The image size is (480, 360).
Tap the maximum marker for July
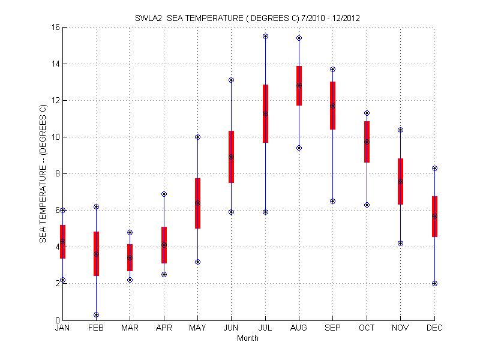tap(265, 36)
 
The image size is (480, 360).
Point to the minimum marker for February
tap(96, 314)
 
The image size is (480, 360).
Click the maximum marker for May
tap(197, 137)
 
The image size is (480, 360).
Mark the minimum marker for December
tap(434, 283)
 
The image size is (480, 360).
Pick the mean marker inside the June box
tap(231, 157)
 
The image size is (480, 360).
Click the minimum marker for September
tap(332, 201)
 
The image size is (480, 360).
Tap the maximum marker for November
tap(400, 130)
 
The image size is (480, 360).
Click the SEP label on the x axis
tap(333, 328)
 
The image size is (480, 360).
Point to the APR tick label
tap(164, 328)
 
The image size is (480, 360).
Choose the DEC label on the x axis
tap(434, 328)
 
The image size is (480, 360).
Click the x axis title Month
tap(248, 338)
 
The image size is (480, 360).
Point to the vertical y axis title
tap(43, 174)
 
